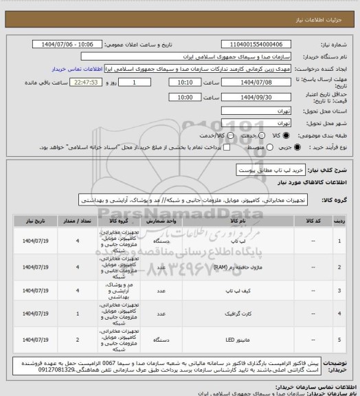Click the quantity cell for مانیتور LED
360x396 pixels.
tap(78, 340)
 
